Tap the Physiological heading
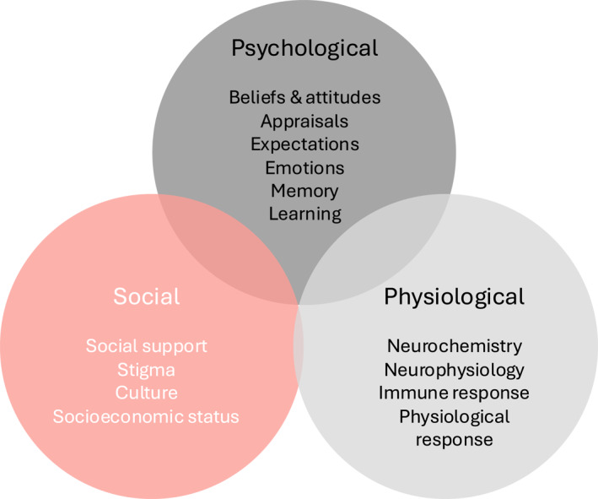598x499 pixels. point(454,297)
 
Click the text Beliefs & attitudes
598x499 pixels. point(304,97)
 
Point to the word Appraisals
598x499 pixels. point(304,121)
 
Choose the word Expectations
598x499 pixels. point(304,144)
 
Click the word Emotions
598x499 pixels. point(304,167)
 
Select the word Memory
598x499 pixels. point(304,191)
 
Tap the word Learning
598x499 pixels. point(304,214)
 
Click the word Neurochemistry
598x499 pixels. point(454,346)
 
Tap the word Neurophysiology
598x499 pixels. point(454,370)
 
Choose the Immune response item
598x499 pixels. point(454,393)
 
